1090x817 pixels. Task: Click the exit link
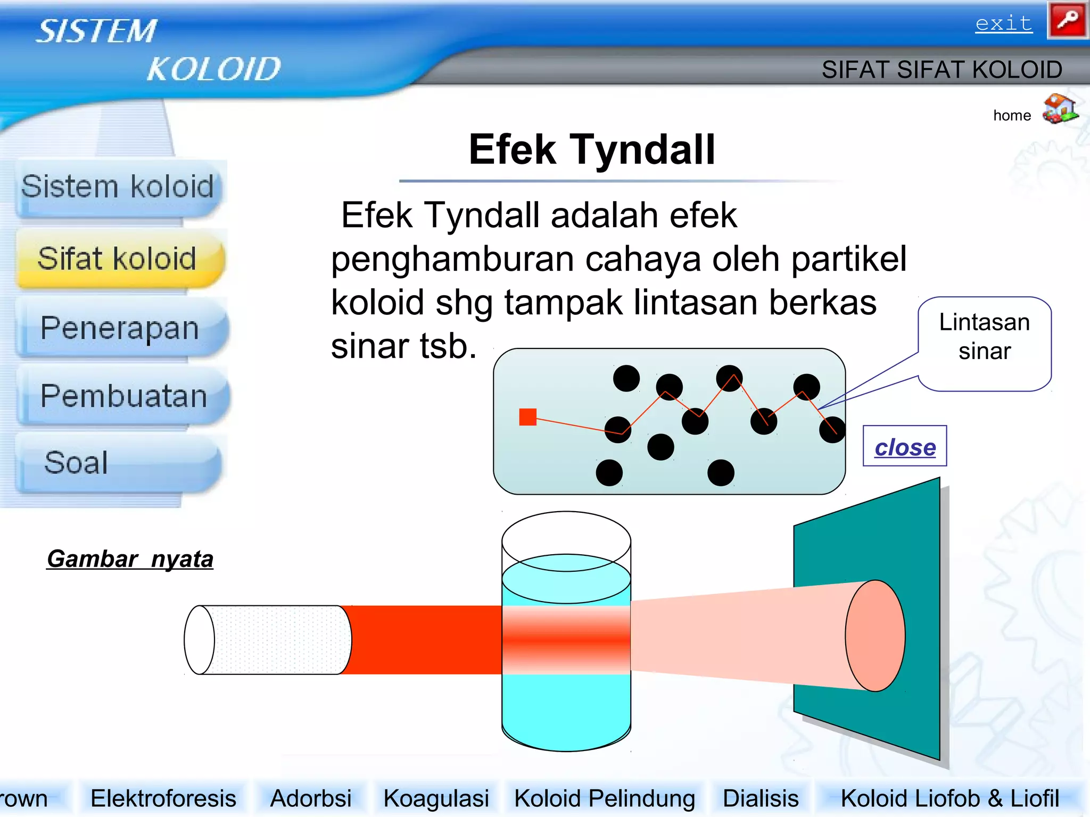click(x=1003, y=24)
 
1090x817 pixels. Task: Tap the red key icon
click(x=1067, y=20)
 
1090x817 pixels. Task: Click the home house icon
click(x=1060, y=109)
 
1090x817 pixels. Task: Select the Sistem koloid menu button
click(x=118, y=187)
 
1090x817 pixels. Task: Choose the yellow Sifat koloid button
click(x=118, y=259)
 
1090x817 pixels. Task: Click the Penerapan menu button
click(x=120, y=328)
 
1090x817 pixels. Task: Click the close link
click(x=905, y=447)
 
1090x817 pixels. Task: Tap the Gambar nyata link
click(x=130, y=559)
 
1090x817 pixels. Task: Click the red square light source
click(x=527, y=417)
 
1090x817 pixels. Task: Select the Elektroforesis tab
click(x=163, y=798)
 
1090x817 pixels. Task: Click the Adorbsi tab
click(x=311, y=798)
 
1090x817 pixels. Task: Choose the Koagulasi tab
click(x=436, y=798)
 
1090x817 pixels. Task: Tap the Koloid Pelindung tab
click(x=605, y=798)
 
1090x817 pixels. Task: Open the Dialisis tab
click(x=761, y=798)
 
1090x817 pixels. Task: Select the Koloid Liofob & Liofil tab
click(x=949, y=798)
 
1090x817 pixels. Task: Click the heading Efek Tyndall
click(x=592, y=149)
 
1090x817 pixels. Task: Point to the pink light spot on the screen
click(x=875, y=636)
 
